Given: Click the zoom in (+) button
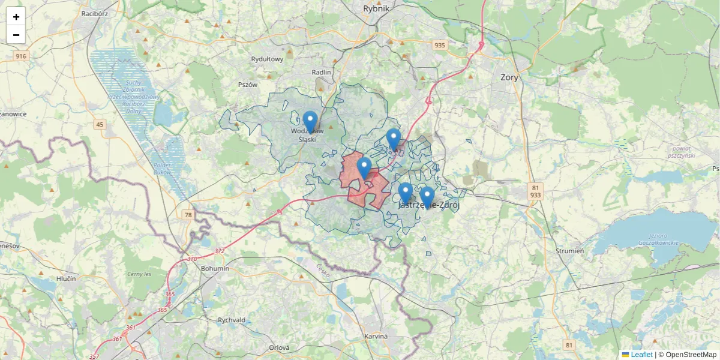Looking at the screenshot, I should coord(16,17).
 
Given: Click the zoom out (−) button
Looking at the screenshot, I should coord(16,35).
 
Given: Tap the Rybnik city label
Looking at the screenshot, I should coord(376,8).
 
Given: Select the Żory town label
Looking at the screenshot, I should coord(509,77).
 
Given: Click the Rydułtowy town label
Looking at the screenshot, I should coord(267,59).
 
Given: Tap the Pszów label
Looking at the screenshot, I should coord(247,85).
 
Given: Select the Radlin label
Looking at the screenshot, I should coord(322,72).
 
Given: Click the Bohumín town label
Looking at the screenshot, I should coord(215,268).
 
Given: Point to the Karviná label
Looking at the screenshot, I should coord(376,336).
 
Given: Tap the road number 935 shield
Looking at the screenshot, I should coord(440,45).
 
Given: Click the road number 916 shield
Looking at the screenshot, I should coord(22,56).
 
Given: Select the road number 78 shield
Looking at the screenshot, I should coord(188,214).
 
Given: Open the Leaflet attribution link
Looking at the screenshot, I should coord(641,355).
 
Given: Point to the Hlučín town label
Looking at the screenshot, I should coord(66,279).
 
